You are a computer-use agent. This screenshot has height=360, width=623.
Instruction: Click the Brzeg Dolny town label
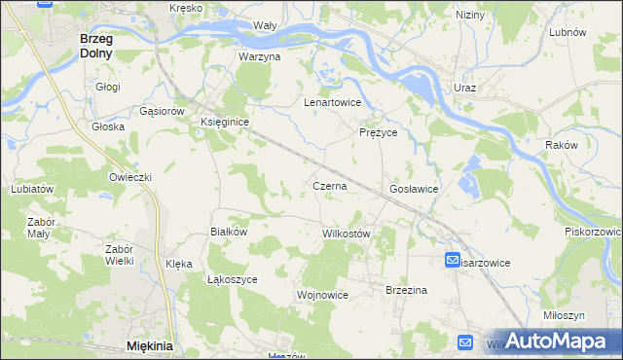pos(95,46)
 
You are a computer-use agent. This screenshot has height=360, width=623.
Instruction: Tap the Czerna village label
pos(330,185)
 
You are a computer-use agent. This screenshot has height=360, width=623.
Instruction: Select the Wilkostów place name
pos(346,234)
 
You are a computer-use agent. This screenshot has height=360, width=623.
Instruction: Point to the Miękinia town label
pos(149,345)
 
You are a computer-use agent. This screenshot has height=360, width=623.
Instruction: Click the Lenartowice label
pos(333,102)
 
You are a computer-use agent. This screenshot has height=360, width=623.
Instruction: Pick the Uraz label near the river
pos(464,88)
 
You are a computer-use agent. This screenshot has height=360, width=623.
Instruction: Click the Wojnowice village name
pos(322,294)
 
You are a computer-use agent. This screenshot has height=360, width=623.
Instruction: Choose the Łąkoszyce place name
pos(232,278)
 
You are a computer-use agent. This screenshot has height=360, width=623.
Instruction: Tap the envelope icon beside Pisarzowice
pos(454,261)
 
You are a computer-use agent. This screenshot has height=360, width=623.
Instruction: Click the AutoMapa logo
pos(556,342)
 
